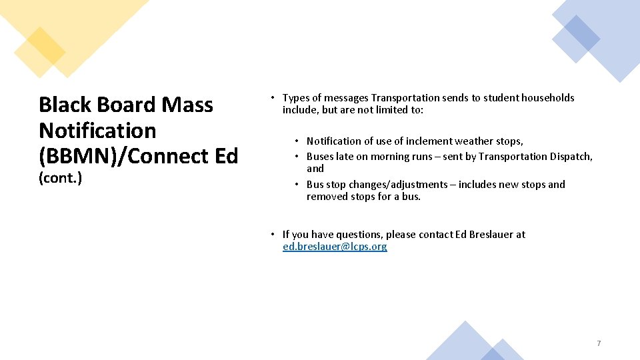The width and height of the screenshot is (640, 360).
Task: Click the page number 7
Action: click(x=598, y=343)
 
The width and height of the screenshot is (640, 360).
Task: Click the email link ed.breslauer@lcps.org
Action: click(x=334, y=247)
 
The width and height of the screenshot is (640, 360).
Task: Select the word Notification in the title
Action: click(x=97, y=131)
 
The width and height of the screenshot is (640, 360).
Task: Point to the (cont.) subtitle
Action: click(x=60, y=178)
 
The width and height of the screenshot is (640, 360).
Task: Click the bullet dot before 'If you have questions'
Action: click(x=273, y=235)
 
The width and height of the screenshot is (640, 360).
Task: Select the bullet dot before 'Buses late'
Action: click(x=297, y=157)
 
